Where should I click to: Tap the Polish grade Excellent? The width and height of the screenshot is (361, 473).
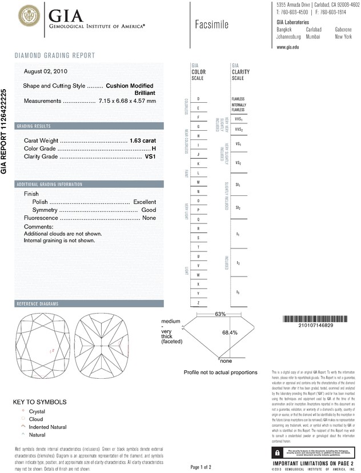click(x=145, y=202)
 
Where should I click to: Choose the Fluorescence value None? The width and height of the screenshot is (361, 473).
click(x=149, y=218)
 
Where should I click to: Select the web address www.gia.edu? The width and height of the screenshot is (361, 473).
click(x=288, y=47)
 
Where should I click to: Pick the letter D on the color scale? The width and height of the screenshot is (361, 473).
click(x=198, y=99)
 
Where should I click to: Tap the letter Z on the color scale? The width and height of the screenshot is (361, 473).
click(x=198, y=302)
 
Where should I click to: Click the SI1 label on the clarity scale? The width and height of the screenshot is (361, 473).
click(x=238, y=186)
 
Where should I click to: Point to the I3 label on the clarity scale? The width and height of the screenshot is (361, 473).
click(x=238, y=292)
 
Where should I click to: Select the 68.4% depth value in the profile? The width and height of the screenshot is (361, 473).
click(x=230, y=332)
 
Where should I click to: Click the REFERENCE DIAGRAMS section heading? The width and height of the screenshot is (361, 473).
click(x=38, y=303)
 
